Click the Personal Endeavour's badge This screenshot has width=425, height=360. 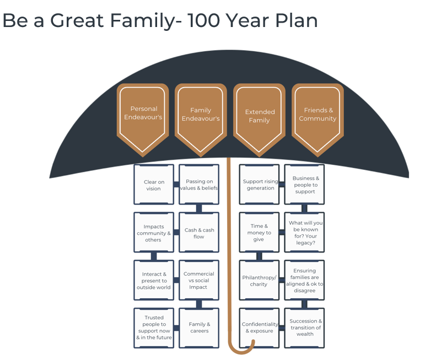143,120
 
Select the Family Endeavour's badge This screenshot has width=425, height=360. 201,120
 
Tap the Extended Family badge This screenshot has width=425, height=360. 259,120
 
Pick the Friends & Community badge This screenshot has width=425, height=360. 318,120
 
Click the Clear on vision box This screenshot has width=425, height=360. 154,184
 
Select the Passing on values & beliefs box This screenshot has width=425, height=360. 199,184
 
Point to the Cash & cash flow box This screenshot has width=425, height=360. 199,232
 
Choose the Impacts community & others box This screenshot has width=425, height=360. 154,232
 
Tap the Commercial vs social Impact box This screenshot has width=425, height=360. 199,280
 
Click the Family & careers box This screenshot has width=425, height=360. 199,328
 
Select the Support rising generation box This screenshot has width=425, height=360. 259,184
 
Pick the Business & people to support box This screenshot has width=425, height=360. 304,184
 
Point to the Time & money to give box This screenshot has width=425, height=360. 259,232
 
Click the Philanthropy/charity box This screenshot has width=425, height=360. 259,280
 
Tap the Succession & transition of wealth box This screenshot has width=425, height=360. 304,328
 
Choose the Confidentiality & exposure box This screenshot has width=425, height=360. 259,328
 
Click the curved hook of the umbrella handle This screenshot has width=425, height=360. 241,352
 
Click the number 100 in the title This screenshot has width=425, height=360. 203,20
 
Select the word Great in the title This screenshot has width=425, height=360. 77,20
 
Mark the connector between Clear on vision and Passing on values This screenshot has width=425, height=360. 176,184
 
